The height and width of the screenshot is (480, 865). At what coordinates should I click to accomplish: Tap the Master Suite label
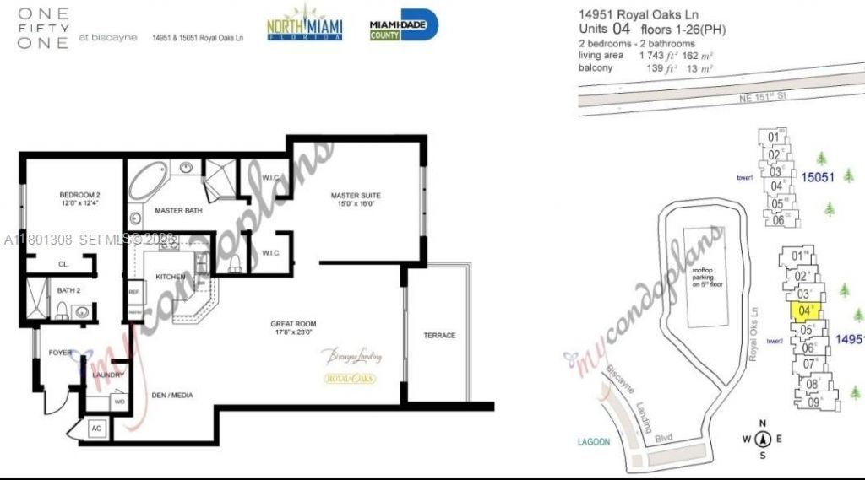[x=355, y=198]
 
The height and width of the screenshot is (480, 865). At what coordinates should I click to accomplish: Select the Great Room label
[x=293, y=327]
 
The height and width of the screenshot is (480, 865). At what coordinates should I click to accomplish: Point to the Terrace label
[x=439, y=336]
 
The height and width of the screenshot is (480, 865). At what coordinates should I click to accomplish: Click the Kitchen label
[x=170, y=277]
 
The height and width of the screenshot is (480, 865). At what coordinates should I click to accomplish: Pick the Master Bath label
[x=177, y=210]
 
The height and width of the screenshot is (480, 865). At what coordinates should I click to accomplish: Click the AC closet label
[x=96, y=429]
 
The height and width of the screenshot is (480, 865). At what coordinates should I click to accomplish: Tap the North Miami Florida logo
[x=305, y=24]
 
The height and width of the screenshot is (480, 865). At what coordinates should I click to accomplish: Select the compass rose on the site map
[x=763, y=438]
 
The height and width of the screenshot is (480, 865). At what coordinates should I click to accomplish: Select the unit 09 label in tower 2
[x=813, y=402]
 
